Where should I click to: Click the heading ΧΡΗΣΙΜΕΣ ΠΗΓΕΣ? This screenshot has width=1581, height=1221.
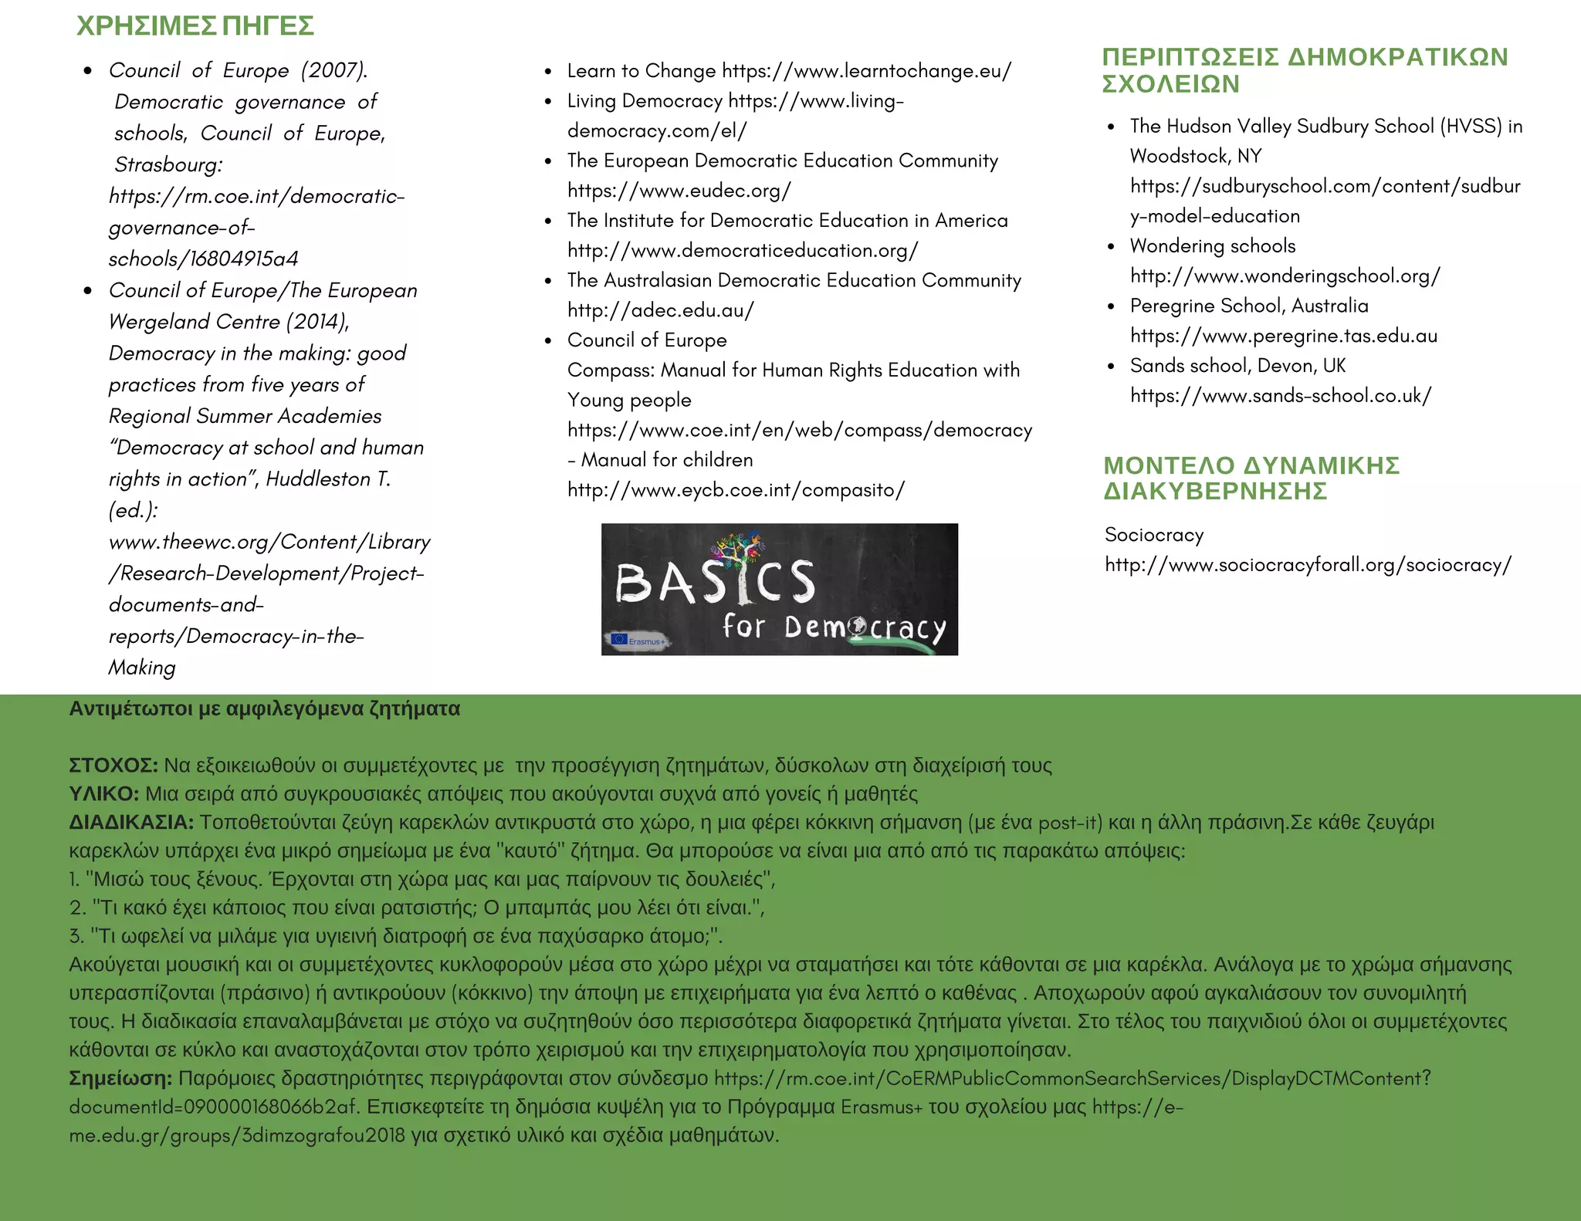(x=195, y=26)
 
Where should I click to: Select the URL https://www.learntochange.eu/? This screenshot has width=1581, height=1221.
(x=866, y=71)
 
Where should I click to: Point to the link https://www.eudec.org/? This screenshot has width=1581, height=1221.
(x=679, y=191)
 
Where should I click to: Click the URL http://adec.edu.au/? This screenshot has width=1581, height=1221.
(x=660, y=310)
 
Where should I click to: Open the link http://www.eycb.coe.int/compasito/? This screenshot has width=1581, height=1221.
(x=736, y=490)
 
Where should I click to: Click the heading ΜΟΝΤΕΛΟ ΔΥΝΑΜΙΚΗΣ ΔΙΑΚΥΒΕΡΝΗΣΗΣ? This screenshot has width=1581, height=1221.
(x=1251, y=478)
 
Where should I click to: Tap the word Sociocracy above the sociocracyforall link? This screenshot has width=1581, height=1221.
(x=1154, y=535)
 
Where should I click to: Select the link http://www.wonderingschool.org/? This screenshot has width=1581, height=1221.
(x=1285, y=276)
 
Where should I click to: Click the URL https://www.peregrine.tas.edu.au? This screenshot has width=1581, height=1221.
(x=1283, y=336)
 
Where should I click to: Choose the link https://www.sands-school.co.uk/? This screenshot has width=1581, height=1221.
(x=1280, y=396)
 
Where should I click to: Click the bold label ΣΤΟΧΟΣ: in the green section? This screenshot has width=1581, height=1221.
(x=113, y=766)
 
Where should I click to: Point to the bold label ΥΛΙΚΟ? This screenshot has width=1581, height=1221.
(x=104, y=794)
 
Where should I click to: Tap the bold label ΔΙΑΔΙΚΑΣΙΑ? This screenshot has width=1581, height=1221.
(x=131, y=823)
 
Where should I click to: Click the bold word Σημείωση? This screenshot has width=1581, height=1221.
(x=120, y=1078)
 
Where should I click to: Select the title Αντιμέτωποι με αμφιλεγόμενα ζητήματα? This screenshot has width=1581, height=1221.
(x=264, y=709)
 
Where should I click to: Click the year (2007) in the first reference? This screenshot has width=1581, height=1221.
(x=333, y=70)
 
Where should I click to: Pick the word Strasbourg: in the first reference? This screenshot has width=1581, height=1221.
(x=168, y=164)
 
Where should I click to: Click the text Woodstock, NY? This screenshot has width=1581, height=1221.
(x=1195, y=156)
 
